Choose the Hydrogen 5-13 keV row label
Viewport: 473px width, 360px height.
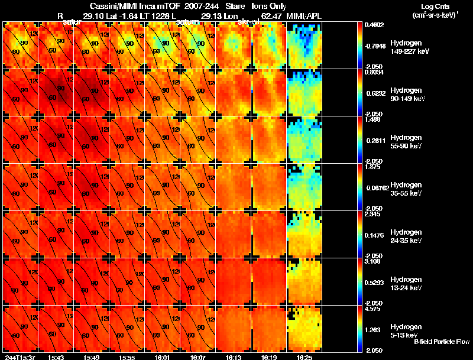[x=406, y=330]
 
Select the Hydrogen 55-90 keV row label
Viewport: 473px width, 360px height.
[x=406, y=141]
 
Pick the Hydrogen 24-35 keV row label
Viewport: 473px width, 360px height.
[x=406, y=236]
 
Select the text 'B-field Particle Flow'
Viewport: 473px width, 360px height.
[x=441, y=341]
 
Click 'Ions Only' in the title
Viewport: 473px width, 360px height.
[x=270, y=6]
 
